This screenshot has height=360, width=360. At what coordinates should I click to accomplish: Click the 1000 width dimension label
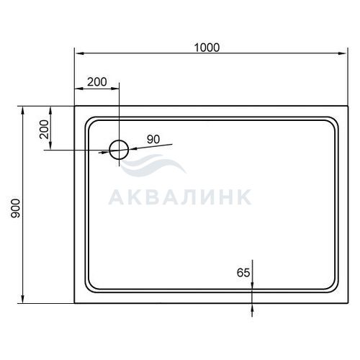207,48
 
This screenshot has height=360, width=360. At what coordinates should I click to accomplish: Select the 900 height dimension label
15,208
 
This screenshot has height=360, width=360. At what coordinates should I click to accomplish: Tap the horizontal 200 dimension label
97,82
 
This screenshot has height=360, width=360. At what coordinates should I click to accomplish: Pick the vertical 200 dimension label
44,129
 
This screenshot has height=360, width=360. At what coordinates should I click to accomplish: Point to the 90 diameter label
153,139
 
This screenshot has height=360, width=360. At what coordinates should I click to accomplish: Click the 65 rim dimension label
243,273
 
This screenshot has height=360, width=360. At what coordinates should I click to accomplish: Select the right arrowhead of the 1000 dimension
343,53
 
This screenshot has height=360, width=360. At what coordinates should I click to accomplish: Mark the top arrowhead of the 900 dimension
23,111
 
